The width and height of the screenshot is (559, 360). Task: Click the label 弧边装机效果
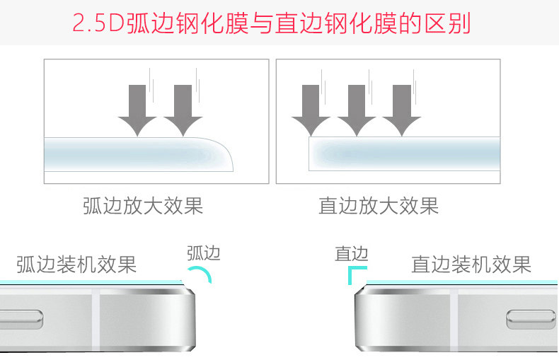coord(76,265)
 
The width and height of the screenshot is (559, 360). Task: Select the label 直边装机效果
coord(471,265)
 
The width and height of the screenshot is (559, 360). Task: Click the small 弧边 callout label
coord(203,253)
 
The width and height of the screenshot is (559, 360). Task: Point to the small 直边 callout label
coord(352,253)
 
